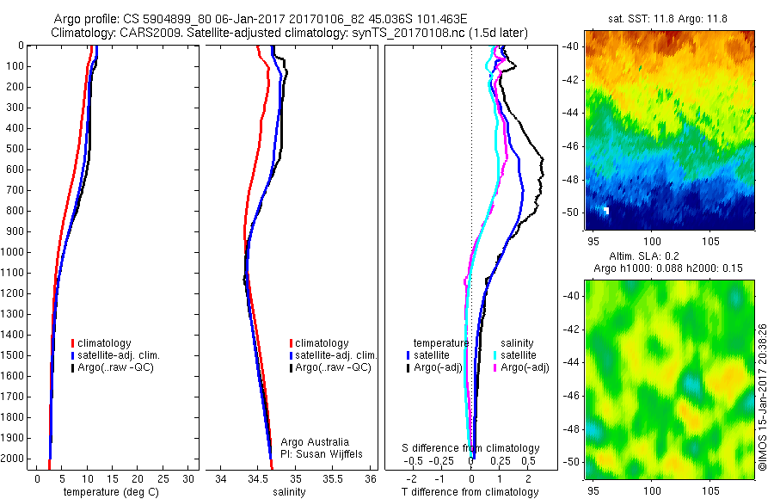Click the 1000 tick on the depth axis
click(15, 252)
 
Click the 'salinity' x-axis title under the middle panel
click(289, 492)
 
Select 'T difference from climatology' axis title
click(470, 492)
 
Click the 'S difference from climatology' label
click(471, 448)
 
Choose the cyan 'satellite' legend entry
click(519, 355)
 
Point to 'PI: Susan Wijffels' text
click(322, 453)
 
